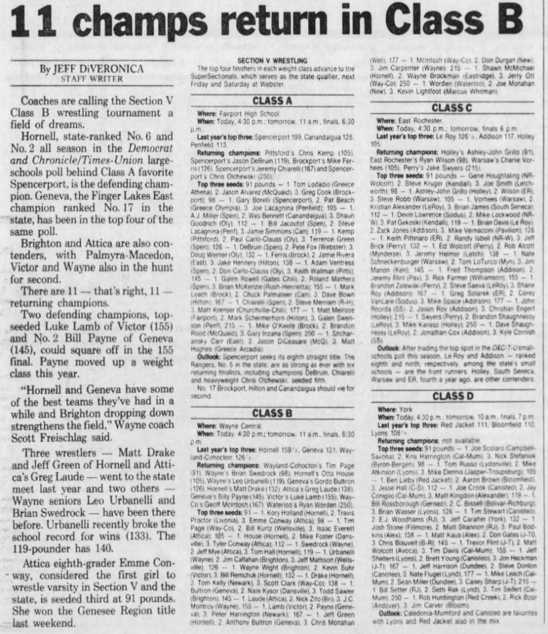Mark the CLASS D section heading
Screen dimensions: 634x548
click(453, 396)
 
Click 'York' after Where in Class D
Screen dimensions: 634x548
click(406, 409)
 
